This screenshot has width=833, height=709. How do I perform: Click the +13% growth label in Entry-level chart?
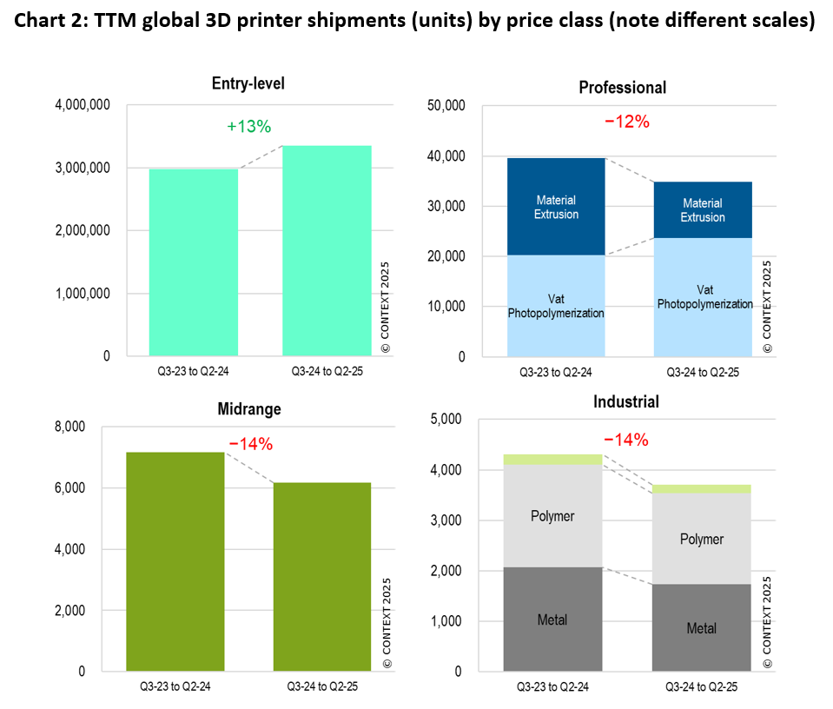coord(249,127)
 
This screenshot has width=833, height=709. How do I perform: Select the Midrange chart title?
coord(249,408)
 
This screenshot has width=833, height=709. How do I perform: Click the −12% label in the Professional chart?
coord(626,122)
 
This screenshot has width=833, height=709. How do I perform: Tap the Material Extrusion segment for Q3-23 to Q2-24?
coord(556,208)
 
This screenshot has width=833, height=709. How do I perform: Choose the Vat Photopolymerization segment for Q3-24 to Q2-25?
coord(704,297)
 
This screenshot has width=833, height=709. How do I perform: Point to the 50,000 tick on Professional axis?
coord(448,106)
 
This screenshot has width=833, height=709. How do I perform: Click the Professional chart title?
coord(622,88)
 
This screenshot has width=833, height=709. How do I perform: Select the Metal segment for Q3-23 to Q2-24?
coord(552,620)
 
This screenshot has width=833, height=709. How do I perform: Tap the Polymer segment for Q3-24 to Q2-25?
coord(702,539)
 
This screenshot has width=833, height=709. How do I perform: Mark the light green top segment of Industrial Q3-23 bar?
coord(552,459)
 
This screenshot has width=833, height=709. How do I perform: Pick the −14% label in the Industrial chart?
coord(625,440)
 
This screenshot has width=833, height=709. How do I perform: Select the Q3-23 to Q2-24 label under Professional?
coord(555,372)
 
